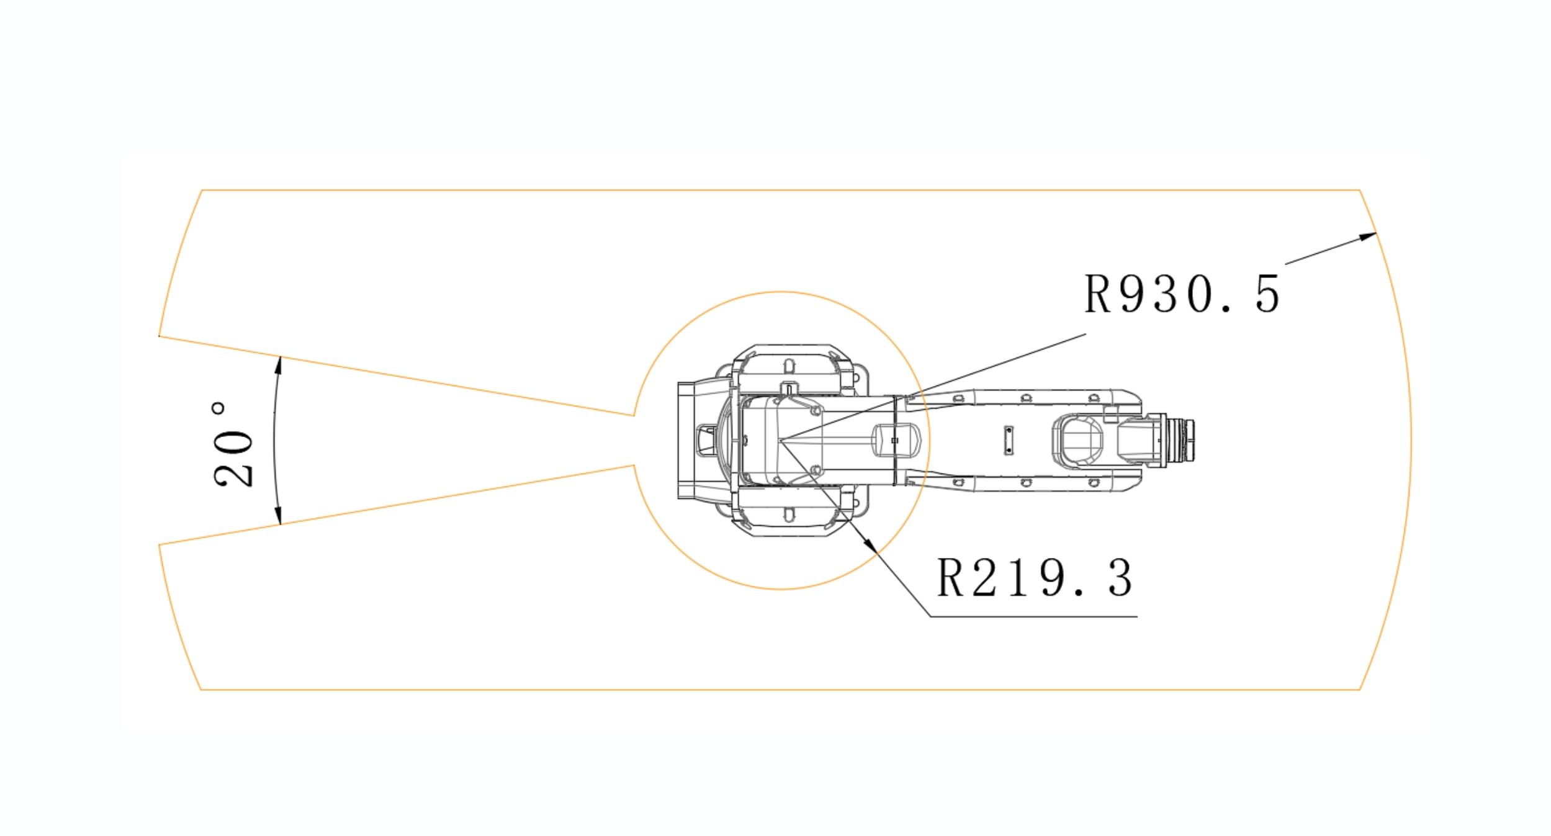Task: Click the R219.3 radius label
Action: [1034, 578]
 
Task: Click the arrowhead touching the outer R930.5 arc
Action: [1368, 236]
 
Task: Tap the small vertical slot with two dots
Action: [1009, 440]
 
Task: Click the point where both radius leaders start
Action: [780, 440]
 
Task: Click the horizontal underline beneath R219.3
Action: [1033, 617]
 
